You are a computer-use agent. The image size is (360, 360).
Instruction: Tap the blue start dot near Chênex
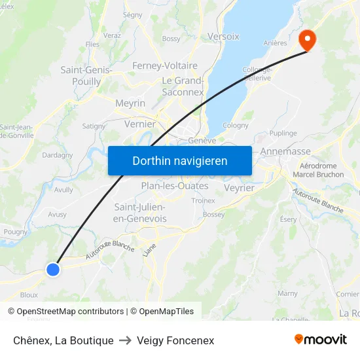[53, 269]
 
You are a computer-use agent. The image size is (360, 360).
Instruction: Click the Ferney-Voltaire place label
[164, 65]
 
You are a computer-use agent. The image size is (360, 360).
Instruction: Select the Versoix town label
[223, 37]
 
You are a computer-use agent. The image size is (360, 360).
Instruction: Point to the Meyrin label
[130, 103]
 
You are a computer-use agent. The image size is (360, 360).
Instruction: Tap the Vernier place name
[140, 124]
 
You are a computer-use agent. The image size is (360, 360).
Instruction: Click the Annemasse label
[285, 151]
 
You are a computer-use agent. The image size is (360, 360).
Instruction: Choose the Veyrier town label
[239, 188]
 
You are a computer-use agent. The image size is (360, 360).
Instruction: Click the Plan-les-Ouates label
[175, 186]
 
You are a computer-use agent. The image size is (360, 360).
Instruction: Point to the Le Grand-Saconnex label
[183, 86]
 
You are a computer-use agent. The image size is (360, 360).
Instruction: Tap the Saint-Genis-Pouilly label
[86, 75]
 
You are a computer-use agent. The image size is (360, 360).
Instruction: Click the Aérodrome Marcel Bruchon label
[318, 170]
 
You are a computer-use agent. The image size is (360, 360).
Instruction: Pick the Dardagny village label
[58, 155]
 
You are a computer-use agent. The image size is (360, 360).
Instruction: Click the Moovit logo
[321, 340]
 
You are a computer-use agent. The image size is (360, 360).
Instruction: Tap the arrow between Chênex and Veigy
[125, 340]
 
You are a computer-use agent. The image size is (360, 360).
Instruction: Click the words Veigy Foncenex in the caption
[175, 340]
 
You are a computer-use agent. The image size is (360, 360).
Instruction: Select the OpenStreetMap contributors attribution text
[70, 312]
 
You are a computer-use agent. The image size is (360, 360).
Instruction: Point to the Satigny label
[94, 126]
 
